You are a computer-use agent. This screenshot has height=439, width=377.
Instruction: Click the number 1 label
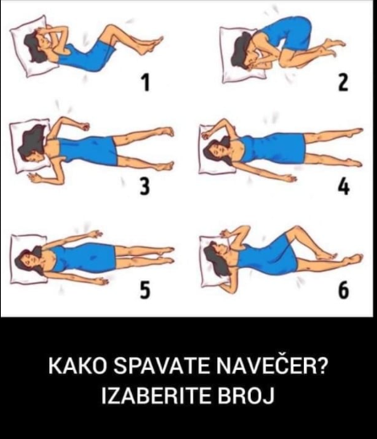point(145,83)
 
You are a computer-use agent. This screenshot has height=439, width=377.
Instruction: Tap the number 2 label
point(343,83)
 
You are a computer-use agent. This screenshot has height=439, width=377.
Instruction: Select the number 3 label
point(145,186)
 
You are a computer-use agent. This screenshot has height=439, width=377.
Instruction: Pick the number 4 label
point(343,186)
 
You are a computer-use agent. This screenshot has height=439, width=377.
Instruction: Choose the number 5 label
point(145,290)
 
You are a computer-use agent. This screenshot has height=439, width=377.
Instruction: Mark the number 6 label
point(343,290)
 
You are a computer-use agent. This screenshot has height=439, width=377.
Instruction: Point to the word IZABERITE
point(156,396)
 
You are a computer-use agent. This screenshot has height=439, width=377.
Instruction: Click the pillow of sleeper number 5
point(27,259)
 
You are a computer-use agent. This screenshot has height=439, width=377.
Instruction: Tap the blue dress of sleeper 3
point(88,151)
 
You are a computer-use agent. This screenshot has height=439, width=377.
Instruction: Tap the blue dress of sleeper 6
point(268,255)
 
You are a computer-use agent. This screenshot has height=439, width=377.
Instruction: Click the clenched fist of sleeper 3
point(84,127)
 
